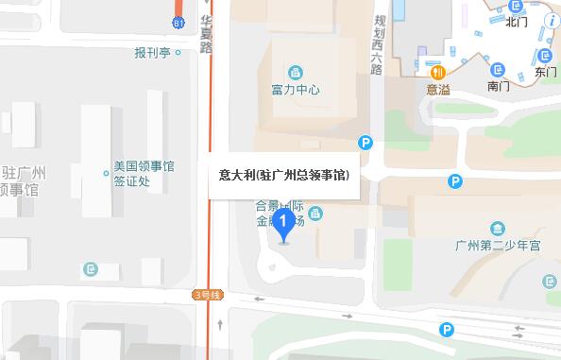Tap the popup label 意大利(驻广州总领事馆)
283,175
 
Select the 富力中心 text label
295,92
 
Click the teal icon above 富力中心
296,73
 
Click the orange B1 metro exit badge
178,22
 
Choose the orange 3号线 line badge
206,295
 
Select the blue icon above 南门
498,69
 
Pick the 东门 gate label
545,71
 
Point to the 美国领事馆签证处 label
144,173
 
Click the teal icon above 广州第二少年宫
498,228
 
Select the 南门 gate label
499,86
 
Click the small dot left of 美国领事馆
106,173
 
